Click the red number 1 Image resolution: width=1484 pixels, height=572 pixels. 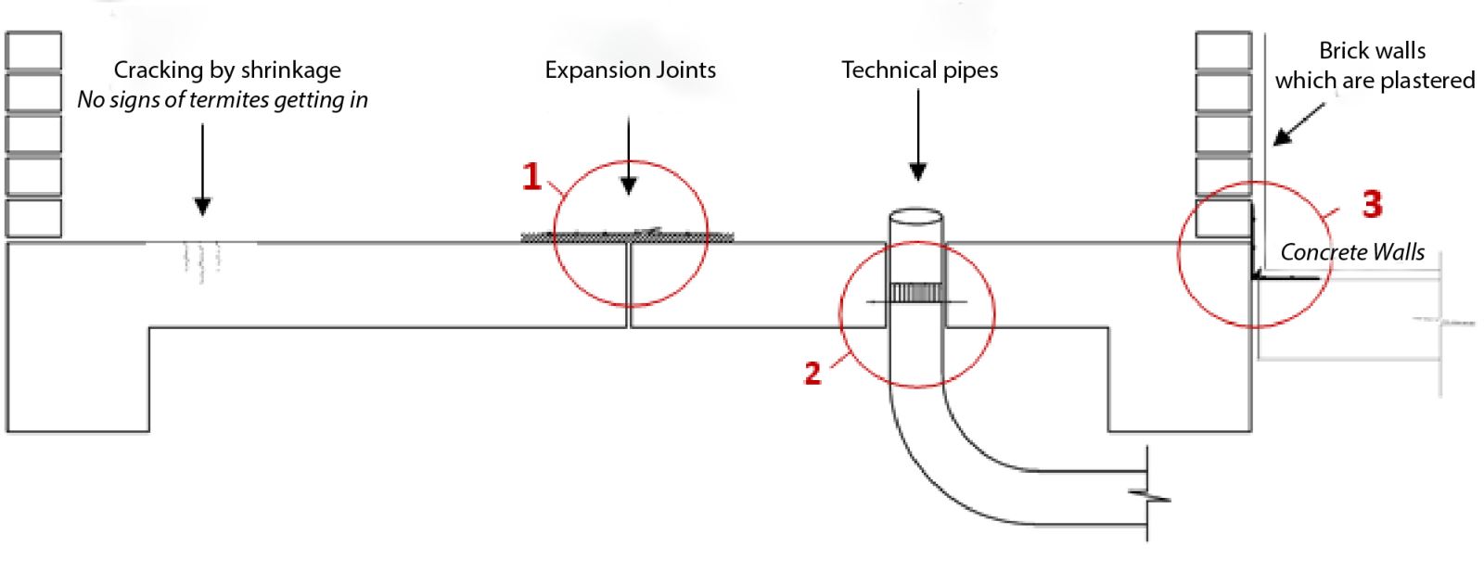pyautogui.click(x=531, y=176)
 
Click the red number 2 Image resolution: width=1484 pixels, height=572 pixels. pyautogui.click(x=812, y=373)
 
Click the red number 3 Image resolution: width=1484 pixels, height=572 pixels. pyautogui.click(x=1372, y=203)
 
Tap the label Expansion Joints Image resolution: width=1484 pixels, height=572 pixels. pyautogui.click(x=630, y=70)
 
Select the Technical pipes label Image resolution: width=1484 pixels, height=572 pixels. pyautogui.click(x=919, y=70)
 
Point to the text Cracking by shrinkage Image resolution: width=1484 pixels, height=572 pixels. pyautogui.click(x=227, y=70)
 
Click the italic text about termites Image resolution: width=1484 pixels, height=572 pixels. pyautogui.click(x=223, y=100)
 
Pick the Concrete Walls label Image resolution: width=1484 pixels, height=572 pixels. pyautogui.click(x=1352, y=252)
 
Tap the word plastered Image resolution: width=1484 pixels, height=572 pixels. pyautogui.click(x=1426, y=81)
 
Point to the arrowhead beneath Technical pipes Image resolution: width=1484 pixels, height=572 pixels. pyautogui.click(x=918, y=172)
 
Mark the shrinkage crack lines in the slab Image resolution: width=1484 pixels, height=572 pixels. pyautogui.click(x=201, y=259)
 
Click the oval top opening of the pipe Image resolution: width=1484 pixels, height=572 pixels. pyautogui.click(x=916, y=218)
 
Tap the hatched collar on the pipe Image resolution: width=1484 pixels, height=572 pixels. pyautogui.click(x=916, y=294)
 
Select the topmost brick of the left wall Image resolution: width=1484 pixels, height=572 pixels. pyautogui.click(x=33, y=50)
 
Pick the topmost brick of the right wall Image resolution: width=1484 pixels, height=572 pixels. pyautogui.click(x=1223, y=50)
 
